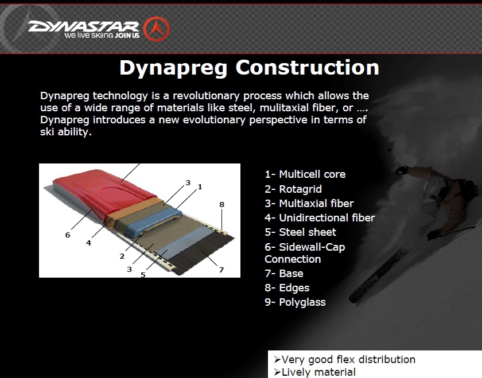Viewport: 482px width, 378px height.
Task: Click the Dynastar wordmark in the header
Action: tap(84, 26)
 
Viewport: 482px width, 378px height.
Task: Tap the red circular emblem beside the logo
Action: tap(157, 29)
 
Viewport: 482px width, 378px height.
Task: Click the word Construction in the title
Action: tap(307, 68)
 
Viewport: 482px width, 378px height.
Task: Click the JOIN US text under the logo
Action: tap(127, 36)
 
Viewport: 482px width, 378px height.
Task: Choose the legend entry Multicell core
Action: tap(305, 174)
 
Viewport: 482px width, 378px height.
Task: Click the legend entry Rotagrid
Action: tap(293, 189)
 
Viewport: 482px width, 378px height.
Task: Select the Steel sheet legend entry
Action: tap(300, 232)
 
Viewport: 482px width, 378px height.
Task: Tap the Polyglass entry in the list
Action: tap(295, 302)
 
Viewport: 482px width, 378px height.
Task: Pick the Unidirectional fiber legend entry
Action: tap(320, 217)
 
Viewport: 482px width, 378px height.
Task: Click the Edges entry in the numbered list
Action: tap(287, 287)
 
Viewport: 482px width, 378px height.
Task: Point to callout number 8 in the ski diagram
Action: tap(221, 204)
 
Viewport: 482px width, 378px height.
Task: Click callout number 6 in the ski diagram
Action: tap(68, 235)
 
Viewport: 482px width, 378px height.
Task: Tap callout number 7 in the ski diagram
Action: tap(221, 270)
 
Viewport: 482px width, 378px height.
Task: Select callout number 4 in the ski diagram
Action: tap(88, 243)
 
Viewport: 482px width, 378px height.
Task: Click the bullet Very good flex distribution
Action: tap(345, 359)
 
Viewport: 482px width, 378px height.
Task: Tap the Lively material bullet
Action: tap(315, 372)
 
